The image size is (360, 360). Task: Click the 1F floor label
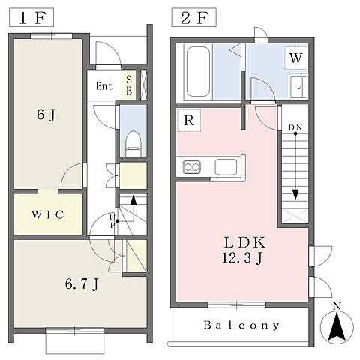pyautogui.click(x=31, y=18)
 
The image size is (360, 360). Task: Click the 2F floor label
pyautogui.click(x=194, y=18)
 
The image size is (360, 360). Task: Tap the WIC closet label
pyautogui.click(x=48, y=214)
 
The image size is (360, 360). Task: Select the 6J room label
pyautogui.click(x=46, y=115)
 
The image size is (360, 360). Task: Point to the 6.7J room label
pyautogui.click(x=82, y=284)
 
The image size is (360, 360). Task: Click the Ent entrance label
pyautogui.click(x=104, y=86)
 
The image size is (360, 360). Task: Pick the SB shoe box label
pyautogui.click(x=129, y=85)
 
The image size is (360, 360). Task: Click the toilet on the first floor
pyautogui.click(x=133, y=144)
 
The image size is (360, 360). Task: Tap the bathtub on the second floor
pyautogui.click(x=198, y=72)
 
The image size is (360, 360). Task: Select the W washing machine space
pyautogui.click(x=296, y=58)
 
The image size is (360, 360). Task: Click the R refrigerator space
pyautogui.click(x=189, y=121)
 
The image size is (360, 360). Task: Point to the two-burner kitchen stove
pyautogui.click(x=192, y=167)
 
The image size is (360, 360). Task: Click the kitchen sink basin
pyautogui.click(x=226, y=167)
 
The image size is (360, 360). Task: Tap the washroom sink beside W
pyautogui.click(x=298, y=86)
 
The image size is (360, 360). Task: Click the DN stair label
pyautogui.click(x=295, y=127)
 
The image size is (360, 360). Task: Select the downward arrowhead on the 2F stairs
pyautogui.click(x=295, y=195)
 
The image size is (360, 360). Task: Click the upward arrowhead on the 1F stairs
pyautogui.click(x=133, y=200)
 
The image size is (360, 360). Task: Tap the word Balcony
pyautogui.click(x=241, y=325)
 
